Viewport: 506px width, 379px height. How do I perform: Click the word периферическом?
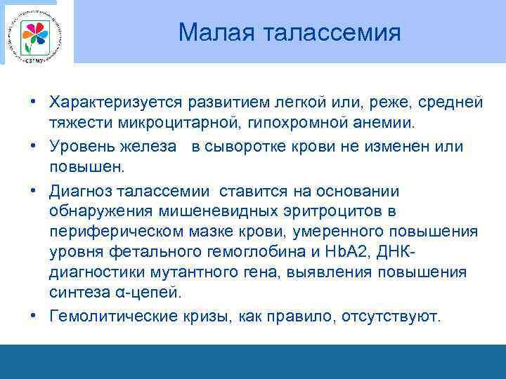pos(110,231)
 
